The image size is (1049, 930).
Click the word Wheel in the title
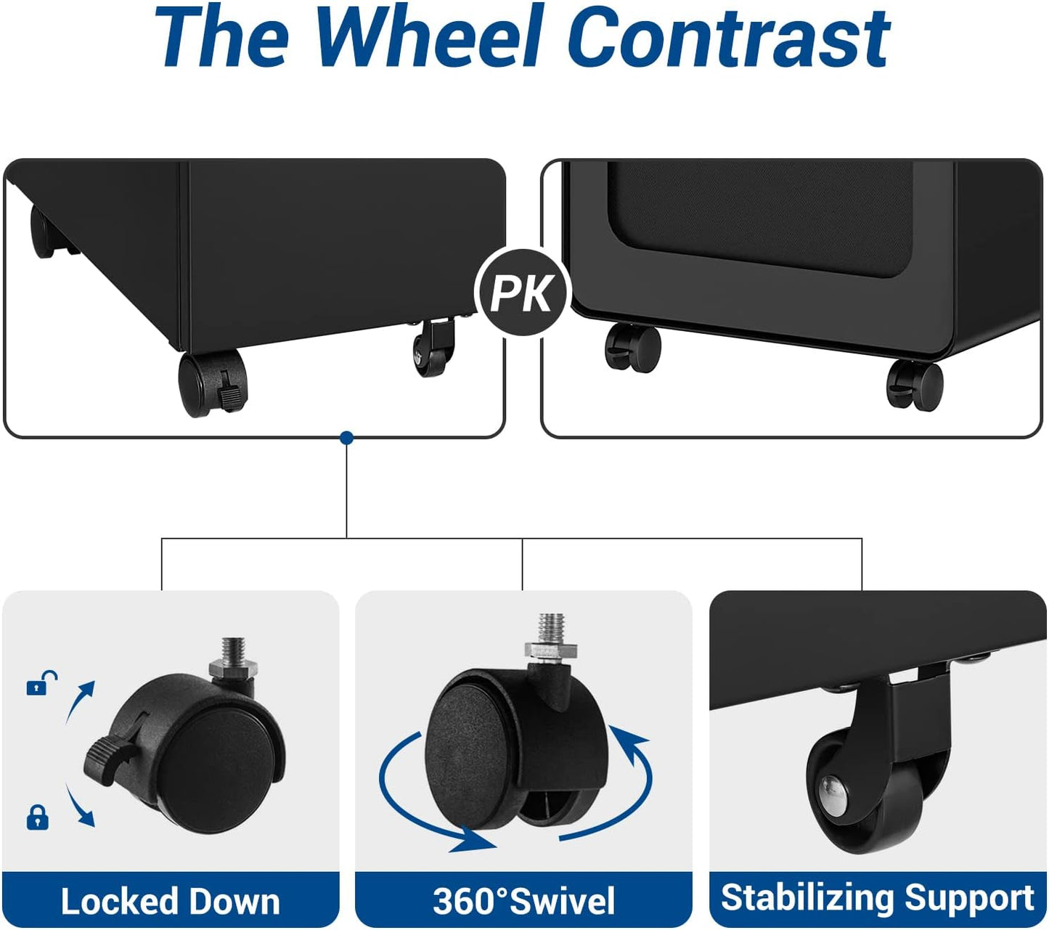pyautogui.click(x=429, y=36)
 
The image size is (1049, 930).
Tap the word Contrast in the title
pyautogui.click(x=730, y=36)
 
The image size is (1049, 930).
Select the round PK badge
pyautogui.click(x=523, y=293)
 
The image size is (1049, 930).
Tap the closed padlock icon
pyautogui.click(x=38, y=817)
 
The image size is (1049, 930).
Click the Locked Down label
pyautogui.click(x=170, y=901)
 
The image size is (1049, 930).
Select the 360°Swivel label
pyautogui.click(x=523, y=901)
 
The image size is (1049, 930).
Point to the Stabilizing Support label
pyautogui.click(x=877, y=898)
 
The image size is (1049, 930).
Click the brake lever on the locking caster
pyautogui.click(x=107, y=755)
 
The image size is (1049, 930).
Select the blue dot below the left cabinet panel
pyautogui.click(x=347, y=438)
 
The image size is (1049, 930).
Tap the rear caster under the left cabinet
pyautogui.click(x=42, y=232)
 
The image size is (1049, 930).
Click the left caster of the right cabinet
pyautogui.click(x=633, y=348)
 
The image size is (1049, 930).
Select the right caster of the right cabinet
pyautogui.click(x=915, y=385)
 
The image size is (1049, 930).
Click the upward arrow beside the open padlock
pyautogui.click(x=80, y=701)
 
